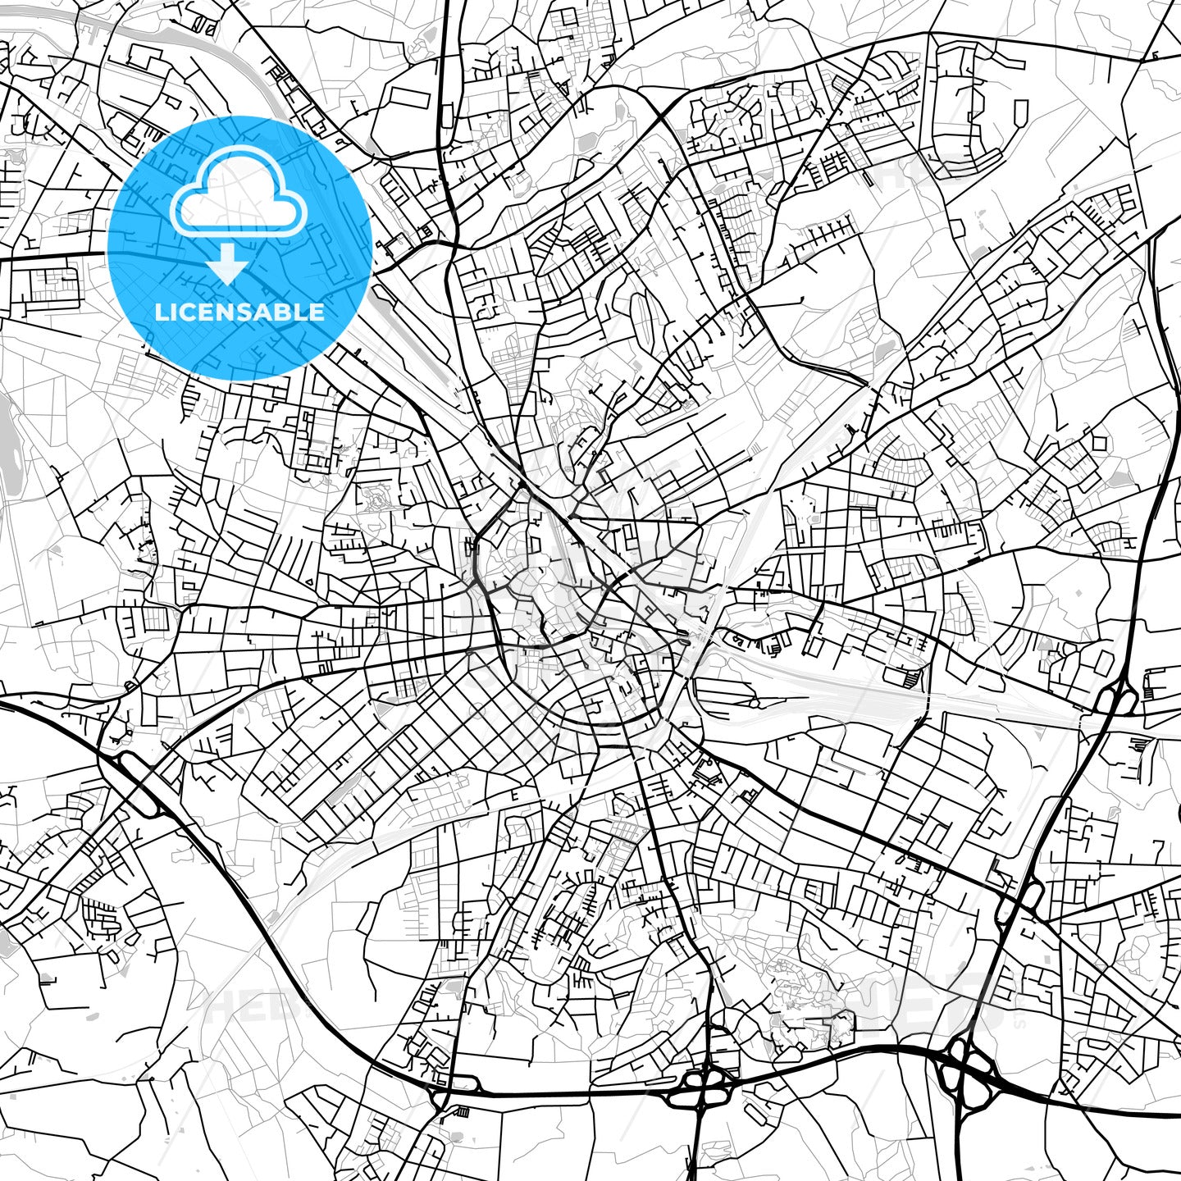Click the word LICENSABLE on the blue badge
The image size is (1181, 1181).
tap(239, 312)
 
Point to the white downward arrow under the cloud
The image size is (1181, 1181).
tap(228, 264)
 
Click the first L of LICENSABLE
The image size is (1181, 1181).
tap(161, 312)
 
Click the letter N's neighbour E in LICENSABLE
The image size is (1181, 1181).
tap(204, 312)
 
